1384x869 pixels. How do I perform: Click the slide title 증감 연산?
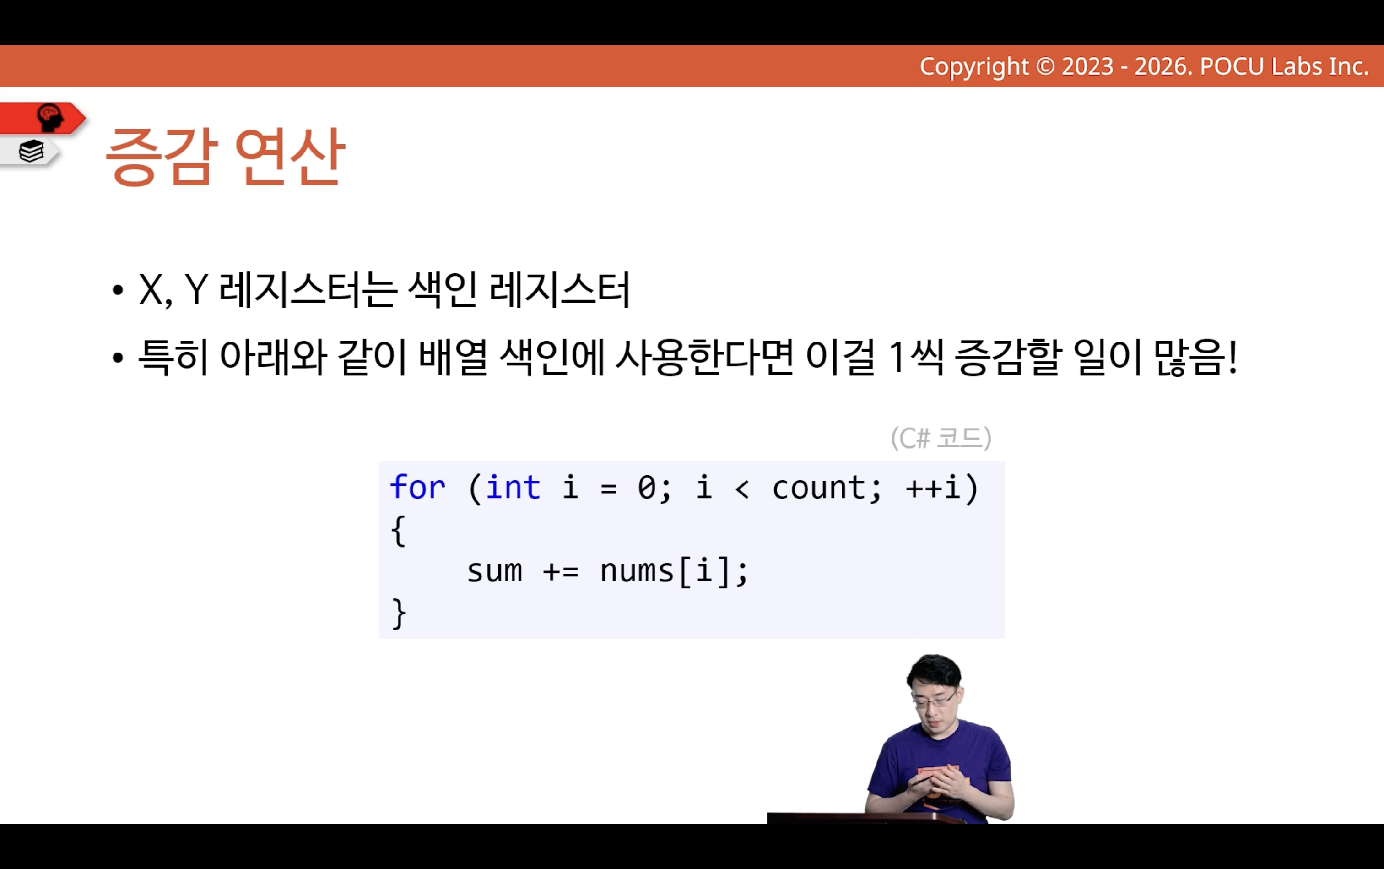coord(225,156)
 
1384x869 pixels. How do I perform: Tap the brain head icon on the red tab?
coord(50,118)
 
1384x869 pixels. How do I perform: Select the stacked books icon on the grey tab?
coord(31,152)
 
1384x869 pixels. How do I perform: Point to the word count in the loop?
coord(819,489)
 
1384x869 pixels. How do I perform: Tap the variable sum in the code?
coord(494,572)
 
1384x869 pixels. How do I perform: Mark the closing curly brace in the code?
coord(399,614)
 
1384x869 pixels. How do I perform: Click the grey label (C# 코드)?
coord(941,438)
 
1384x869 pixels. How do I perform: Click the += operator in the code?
coord(561,572)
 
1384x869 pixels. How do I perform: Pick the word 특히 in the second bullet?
coord(173,357)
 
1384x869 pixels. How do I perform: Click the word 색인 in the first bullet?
coord(442,288)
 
